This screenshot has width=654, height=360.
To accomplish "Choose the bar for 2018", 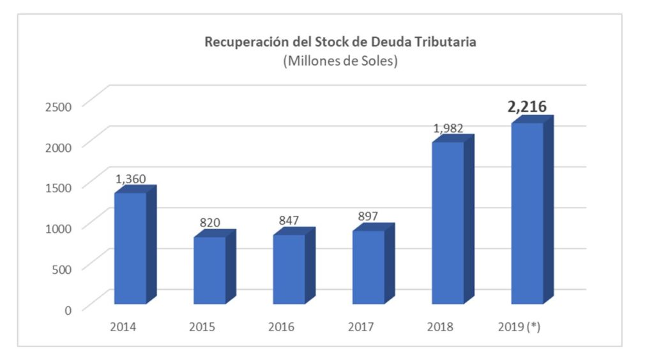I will click(x=448, y=223).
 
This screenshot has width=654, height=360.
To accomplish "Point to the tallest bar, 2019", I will click(x=527, y=213).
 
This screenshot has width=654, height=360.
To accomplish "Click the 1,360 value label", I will click(x=131, y=179).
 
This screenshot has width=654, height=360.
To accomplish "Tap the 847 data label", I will click(x=289, y=220).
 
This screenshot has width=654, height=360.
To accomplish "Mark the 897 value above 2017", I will click(x=368, y=216).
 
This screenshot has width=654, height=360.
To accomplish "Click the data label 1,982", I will click(x=448, y=128).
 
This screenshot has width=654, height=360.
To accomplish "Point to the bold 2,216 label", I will click(x=527, y=107).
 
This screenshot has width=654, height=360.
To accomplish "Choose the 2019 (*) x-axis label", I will click(x=519, y=327).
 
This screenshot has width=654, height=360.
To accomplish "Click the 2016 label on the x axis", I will click(x=281, y=327).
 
